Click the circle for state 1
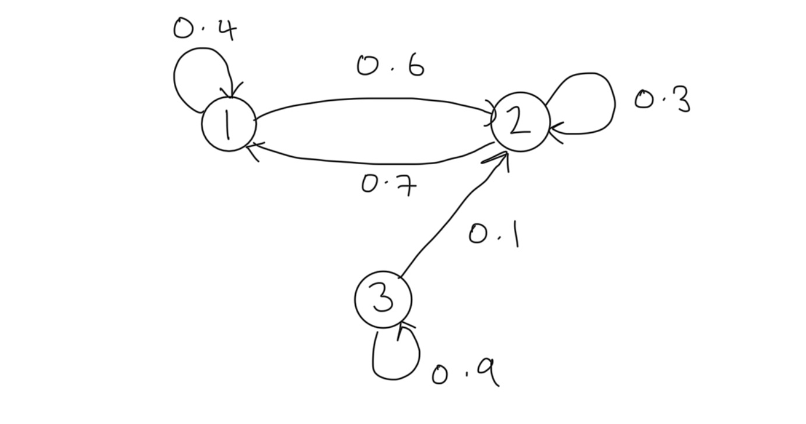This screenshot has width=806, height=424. coord(229,125)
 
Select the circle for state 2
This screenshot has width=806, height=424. coord(520,122)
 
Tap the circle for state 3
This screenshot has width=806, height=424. coord(383,299)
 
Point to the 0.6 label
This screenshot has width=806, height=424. coord(390,66)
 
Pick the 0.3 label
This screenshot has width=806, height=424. coord(662,101)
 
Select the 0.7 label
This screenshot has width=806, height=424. coord(389,185)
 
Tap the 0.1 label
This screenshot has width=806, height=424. coord(494,234)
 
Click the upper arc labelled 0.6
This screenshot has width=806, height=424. coord(373,100)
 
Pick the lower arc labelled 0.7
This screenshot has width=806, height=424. coord(373,162)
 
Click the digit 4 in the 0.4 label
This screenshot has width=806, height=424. coord(225,29)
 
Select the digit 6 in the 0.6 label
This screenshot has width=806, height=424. coord(415,66)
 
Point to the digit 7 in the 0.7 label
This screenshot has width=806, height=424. coord(406,186)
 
